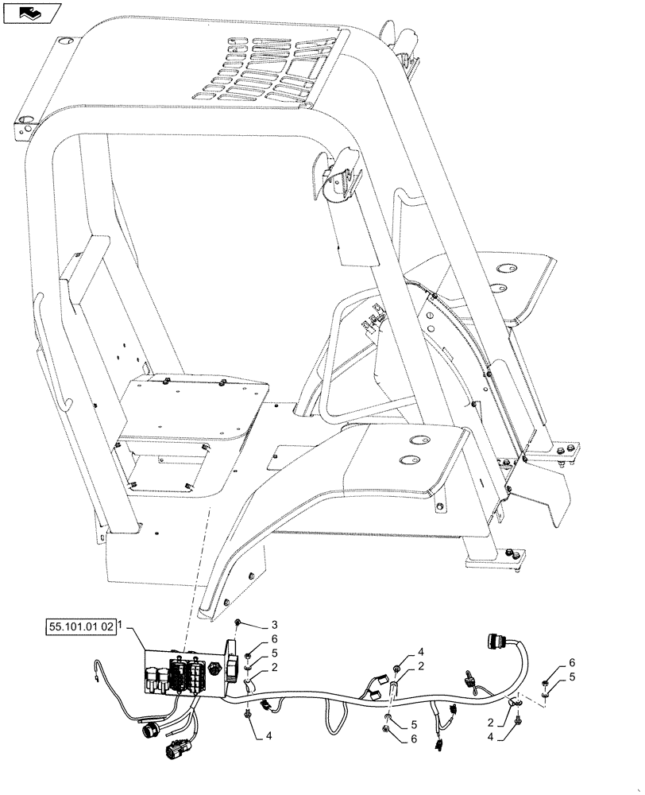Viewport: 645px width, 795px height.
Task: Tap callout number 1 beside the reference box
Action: pos(121,627)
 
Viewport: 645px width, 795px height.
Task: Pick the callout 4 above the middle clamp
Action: pos(421,652)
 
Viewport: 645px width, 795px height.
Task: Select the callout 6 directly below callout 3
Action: pos(274,639)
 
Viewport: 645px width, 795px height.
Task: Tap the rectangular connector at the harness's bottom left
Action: pos(173,750)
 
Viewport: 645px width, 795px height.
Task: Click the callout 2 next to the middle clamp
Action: pos(421,665)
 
